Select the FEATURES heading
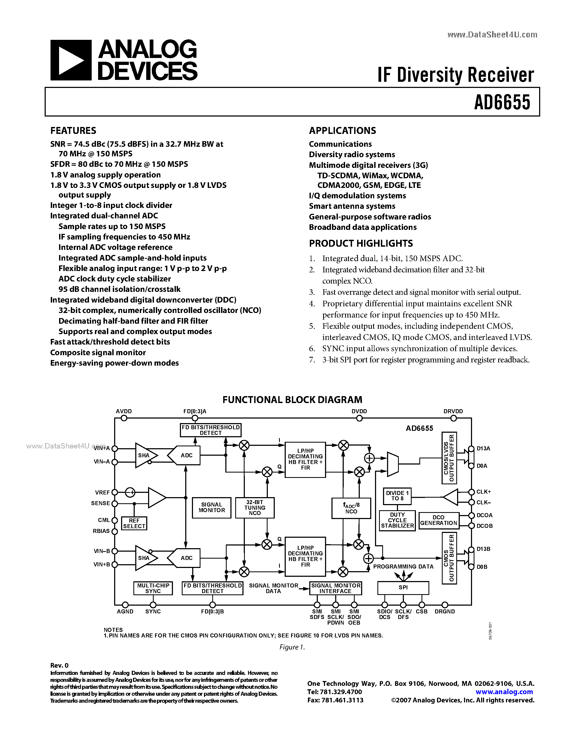(x=73, y=131)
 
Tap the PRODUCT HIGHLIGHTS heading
(x=361, y=243)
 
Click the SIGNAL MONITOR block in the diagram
(x=212, y=507)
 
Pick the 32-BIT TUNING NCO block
(x=255, y=508)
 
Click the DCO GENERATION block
(x=438, y=520)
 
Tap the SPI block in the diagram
(x=403, y=587)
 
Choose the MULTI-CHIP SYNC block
(x=153, y=588)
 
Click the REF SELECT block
(x=134, y=523)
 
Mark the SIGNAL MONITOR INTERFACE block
(x=335, y=588)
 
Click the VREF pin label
(x=102, y=492)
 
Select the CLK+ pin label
(x=484, y=492)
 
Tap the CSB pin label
(x=422, y=612)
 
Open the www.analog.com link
(x=504, y=692)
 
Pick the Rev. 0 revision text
(x=59, y=665)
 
